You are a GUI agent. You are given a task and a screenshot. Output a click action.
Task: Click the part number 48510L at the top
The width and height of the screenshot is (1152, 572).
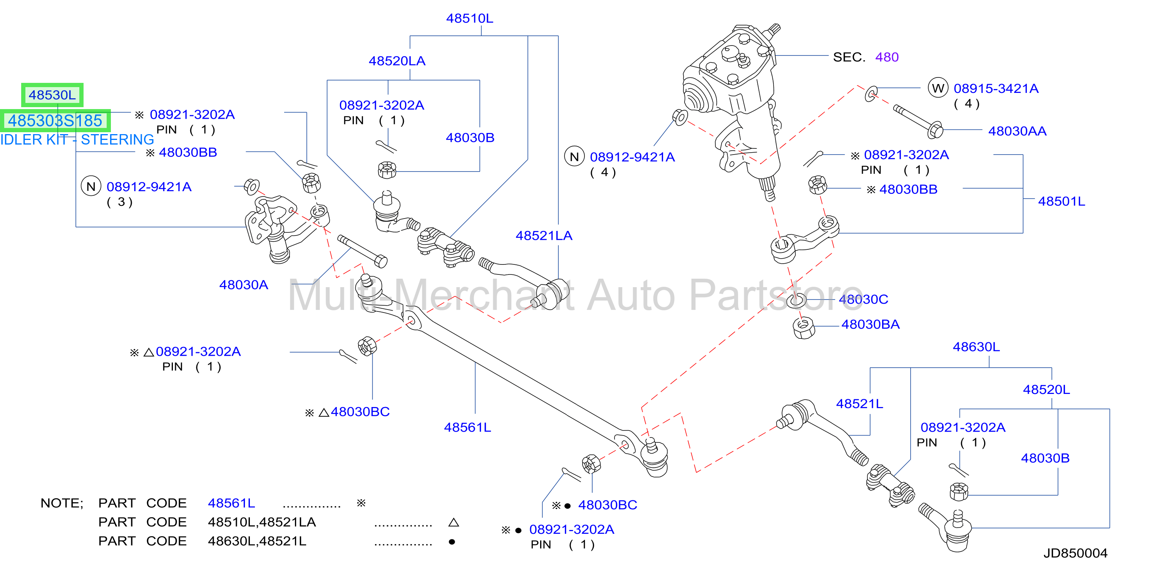pos(470,19)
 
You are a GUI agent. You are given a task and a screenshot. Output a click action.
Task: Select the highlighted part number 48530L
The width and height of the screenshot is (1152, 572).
pos(52,95)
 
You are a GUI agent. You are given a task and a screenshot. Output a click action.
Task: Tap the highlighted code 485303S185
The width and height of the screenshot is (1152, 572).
pos(55,120)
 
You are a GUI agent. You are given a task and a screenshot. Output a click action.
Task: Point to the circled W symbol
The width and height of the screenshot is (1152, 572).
pos(938,88)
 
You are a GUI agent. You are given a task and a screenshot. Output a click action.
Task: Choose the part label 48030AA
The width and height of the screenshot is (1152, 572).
pos(1017,131)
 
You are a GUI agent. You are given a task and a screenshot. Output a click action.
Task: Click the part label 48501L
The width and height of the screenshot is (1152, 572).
pos(1062,202)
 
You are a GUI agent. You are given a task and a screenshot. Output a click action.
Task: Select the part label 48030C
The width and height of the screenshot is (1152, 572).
pos(864,299)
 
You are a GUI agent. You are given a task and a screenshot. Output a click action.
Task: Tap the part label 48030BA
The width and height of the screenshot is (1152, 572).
pos(871,325)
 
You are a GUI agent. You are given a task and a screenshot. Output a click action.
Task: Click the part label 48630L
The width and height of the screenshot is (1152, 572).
pos(976,347)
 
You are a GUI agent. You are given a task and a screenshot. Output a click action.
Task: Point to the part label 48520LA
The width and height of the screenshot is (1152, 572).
pos(397,61)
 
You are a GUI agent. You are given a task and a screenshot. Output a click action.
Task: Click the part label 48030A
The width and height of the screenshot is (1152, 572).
pos(244,285)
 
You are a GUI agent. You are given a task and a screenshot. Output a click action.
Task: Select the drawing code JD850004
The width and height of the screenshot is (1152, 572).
pos(1075,553)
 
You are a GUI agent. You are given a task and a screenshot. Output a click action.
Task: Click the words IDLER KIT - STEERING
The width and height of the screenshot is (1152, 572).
pos(77,140)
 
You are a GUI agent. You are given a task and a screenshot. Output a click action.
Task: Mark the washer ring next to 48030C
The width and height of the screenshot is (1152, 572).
pos(796,300)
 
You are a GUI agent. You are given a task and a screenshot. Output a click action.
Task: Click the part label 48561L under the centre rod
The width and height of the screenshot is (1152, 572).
pos(467,427)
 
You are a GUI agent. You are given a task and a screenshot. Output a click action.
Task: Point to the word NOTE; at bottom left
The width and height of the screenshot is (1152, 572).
pos(62,503)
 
